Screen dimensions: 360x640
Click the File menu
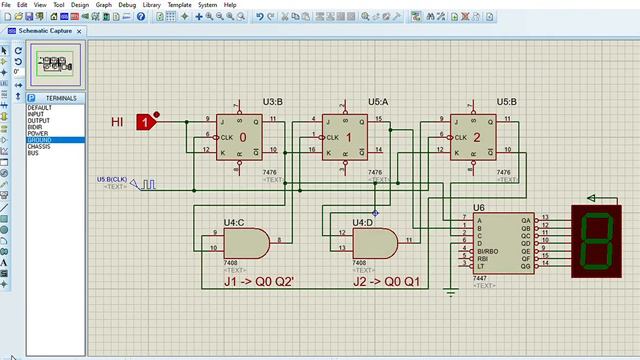tap(7, 5)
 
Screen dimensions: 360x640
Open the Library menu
tap(153, 5)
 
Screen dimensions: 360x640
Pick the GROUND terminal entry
tap(40, 141)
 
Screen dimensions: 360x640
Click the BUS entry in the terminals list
tap(33, 153)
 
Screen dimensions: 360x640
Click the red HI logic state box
tap(146, 122)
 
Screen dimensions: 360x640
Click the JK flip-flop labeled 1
tap(348, 136)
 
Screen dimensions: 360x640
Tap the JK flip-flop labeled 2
tap(477, 136)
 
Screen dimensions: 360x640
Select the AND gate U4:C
tap(245, 242)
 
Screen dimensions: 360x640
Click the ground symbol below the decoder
tap(451, 293)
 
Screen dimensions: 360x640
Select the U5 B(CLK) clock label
tap(112, 179)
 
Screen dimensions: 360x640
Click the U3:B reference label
tap(272, 102)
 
